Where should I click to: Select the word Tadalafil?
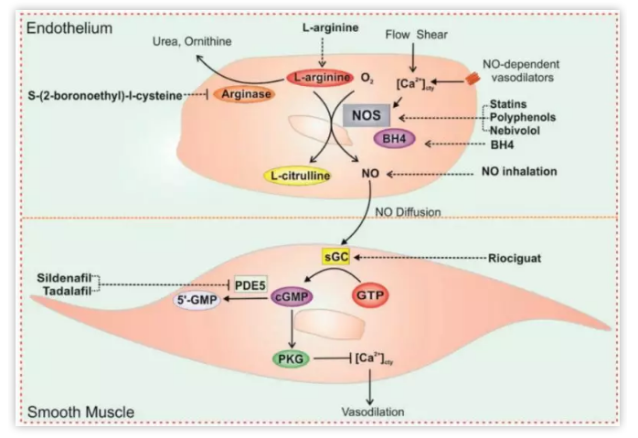69,291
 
